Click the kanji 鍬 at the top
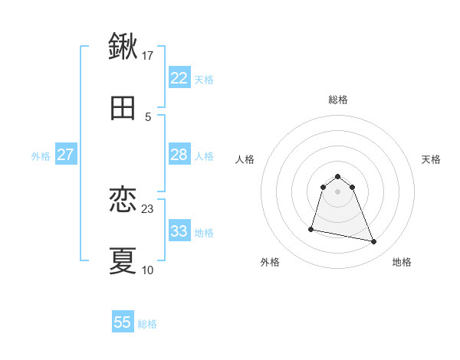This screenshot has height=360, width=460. [x=123, y=46]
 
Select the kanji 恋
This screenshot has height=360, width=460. [x=123, y=200]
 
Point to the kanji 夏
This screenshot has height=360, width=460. [x=123, y=260]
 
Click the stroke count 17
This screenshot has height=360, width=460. [x=148, y=55]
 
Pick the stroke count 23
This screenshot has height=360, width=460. [x=148, y=208]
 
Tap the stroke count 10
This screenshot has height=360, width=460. [x=148, y=270]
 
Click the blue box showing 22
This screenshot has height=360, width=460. [x=179, y=77]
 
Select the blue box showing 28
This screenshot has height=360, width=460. [x=179, y=155]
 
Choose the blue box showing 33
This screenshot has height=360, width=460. [x=179, y=231]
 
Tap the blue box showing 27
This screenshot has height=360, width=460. [x=65, y=155]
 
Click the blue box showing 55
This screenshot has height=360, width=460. [x=123, y=322]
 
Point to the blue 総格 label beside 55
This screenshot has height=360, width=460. [x=147, y=324]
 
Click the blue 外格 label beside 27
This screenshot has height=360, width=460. [x=41, y=156]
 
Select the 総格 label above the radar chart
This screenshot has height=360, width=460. [x=338, y=100]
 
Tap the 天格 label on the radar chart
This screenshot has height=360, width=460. [x=432, y=159]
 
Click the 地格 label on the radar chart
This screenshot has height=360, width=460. [x=402, y=263]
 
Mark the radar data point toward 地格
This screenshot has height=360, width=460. [x=373, y=242]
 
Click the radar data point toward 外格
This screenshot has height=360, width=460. [x=311, y=228]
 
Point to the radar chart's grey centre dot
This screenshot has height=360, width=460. [x=338, y=191]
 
